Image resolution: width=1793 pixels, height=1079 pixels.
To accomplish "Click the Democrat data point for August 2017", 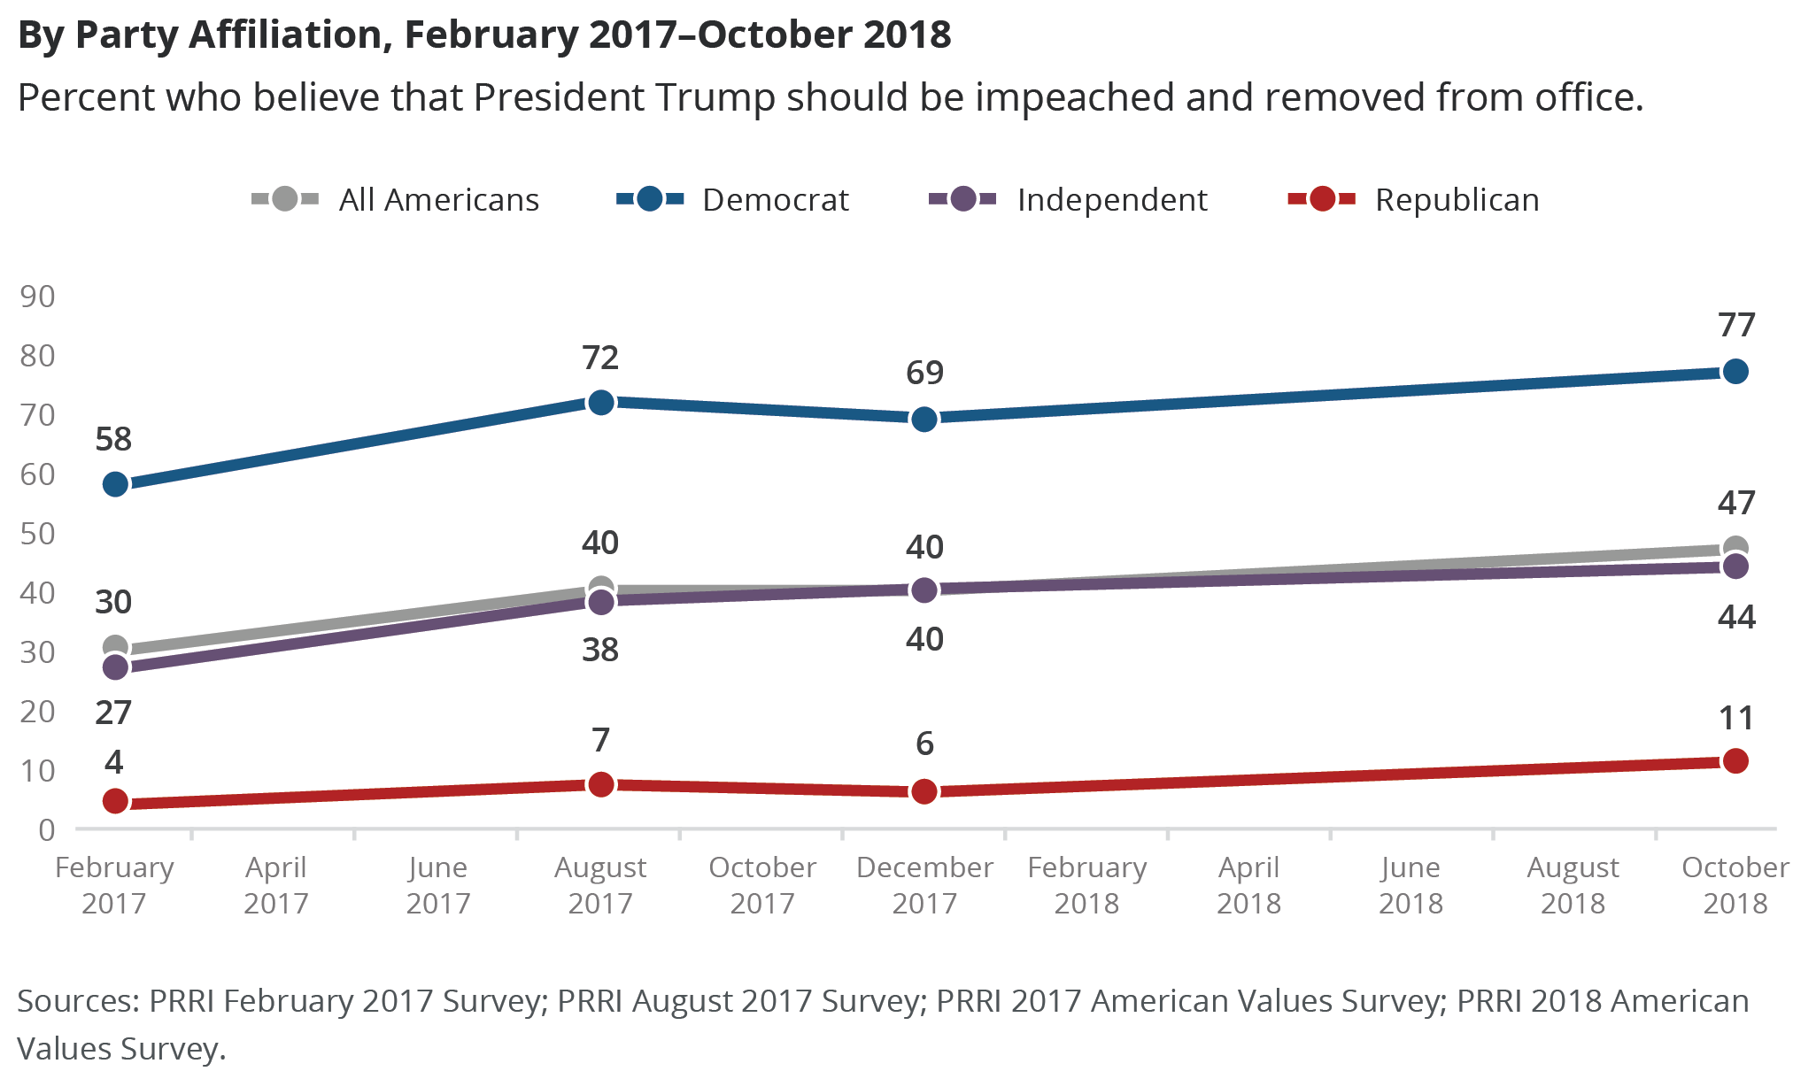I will coord(600,403).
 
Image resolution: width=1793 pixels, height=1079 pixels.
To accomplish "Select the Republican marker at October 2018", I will coord(1735,760).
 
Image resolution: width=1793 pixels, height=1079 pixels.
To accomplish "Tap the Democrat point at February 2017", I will coord(115,484).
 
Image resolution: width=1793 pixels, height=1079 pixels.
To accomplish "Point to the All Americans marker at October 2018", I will coord(1735,547).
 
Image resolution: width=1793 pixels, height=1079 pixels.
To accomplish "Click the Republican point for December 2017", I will coord(924,791).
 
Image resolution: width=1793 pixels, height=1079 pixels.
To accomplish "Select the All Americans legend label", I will coord(439,200).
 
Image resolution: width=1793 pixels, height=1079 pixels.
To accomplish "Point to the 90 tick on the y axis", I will coord(37,297).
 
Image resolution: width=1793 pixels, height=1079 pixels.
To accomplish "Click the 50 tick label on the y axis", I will coord(37,534).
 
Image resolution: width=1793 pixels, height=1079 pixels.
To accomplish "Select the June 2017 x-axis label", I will coord(437,885).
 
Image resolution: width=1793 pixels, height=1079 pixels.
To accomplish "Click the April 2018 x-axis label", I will coord(1248,885).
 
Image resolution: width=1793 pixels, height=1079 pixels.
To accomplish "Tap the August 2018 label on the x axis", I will coord(1573,885).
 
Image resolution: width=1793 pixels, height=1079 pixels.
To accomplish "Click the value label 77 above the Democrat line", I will coord(1736,326).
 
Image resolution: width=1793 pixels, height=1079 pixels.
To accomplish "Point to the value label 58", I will coord(113,439).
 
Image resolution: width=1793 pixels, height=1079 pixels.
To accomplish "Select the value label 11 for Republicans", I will coord(1735,718).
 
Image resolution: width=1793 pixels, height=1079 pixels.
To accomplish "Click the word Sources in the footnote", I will coord(78,1001).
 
